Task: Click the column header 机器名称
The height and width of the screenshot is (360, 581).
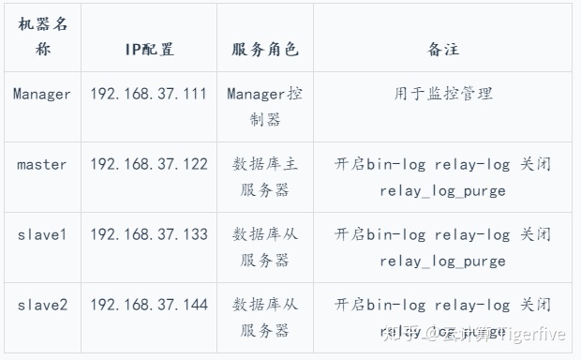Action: click(42, 37)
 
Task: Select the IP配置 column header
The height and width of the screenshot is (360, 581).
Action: click(149, 49)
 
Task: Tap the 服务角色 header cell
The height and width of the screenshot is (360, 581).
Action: click(264, 49)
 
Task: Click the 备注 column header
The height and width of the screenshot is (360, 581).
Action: click(442, 49)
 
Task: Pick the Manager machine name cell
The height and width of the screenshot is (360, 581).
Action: click(42, 94)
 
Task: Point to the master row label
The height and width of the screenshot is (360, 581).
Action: click(42, 164)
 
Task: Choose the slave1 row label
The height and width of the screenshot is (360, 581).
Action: click(42, 233)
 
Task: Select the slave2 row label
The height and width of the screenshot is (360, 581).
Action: click(42, 304)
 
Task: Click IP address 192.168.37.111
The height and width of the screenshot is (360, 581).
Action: click(149, 94)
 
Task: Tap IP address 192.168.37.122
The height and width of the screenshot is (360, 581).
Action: click(149, 164)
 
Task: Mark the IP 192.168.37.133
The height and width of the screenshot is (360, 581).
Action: click(149, 233)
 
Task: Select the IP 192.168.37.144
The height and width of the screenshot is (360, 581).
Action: click(149, 304)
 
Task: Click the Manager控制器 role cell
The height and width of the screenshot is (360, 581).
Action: click(264, 107)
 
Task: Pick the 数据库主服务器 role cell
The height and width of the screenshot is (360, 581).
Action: click(264, 177)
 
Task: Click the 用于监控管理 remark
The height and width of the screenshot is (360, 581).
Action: click(442, 94)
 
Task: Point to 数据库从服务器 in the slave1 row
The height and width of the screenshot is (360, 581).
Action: click(264, 247)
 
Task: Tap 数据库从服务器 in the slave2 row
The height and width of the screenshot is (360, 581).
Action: click(264, 317)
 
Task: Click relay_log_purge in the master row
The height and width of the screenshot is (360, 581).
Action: click(442, 191)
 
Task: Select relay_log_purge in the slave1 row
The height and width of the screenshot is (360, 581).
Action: click(442, 262)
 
